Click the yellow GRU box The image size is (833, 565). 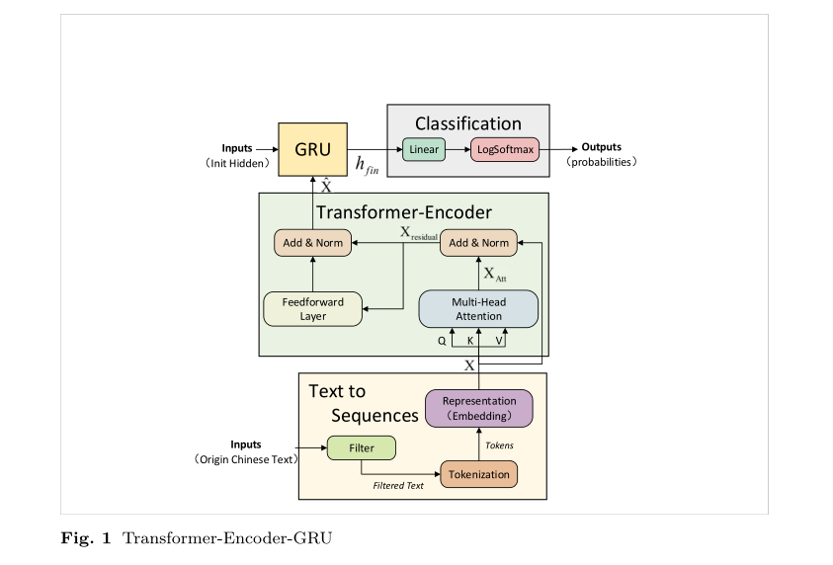[312, 150]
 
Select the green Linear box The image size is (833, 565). [424, 150]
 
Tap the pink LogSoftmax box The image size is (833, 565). [504, 150]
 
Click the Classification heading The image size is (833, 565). [467, 123]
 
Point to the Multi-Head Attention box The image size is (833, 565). [477, 309]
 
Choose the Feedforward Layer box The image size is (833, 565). [313, 309]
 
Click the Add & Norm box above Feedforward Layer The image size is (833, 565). [313, 242]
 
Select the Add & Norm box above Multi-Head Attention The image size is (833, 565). [479, 242]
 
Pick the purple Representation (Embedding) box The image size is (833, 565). [478, 408]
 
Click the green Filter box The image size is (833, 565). [361, 448]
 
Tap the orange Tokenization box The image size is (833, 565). [478, 474]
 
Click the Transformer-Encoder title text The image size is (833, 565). [403, 212]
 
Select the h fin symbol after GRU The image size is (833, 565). [366, 165]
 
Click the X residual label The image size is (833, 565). [418, 233]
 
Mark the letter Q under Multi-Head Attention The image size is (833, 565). [442, 340]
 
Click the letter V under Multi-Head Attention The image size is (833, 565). [499, 340]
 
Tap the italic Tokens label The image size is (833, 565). [499, 445]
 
